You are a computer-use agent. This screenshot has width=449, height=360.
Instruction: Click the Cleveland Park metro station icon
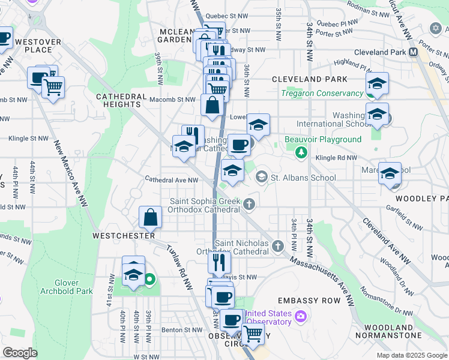click(x=414, y=52)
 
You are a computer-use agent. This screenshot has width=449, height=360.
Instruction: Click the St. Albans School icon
click(x=262, y=177)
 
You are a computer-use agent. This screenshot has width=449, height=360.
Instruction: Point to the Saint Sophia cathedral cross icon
click(x=250, y=206)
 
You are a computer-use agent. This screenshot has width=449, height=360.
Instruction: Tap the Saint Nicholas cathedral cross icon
click(x=277, y=245)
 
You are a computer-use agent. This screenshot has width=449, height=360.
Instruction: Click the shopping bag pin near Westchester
click(x=151, y=217)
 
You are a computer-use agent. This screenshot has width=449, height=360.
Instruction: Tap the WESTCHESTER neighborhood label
click(x=124, y=236)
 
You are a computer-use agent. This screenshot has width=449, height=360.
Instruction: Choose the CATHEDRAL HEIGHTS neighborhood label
click(x=122, y=100)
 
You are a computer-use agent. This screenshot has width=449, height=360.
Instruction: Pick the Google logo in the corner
click(x=20, y=353)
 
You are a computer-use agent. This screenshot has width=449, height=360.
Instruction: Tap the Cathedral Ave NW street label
click(x=172, y=179)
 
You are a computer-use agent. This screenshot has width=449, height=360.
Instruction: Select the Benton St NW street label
click(x=182, y=330)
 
